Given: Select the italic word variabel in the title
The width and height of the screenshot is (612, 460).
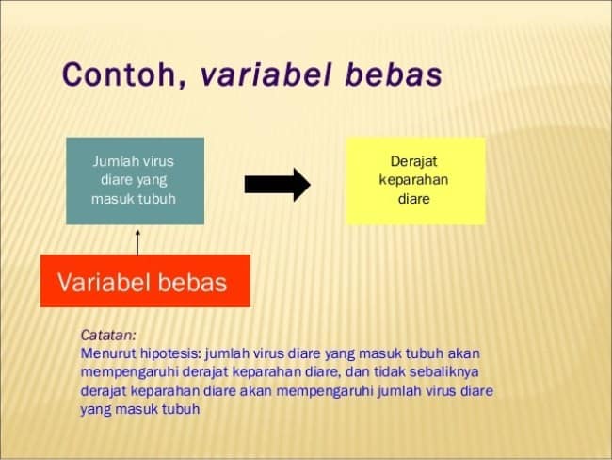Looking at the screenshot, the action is tap(266, 74).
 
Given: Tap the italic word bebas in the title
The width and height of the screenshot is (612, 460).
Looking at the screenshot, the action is tap(394, 74).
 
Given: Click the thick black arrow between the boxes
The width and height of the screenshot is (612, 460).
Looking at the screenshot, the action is tap(278, 185).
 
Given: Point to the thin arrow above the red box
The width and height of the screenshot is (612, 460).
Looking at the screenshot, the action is tap(137, 242).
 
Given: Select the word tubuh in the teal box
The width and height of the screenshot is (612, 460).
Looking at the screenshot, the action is tap(157, 199).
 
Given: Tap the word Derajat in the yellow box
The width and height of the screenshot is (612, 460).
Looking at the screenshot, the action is tap(413, 162).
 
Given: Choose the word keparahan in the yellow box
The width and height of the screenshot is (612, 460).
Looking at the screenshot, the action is tap(413, 181).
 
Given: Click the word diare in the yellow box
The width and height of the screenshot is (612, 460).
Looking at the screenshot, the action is tap(413, 199).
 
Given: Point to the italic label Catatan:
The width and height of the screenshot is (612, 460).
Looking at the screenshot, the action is tap(108, 335).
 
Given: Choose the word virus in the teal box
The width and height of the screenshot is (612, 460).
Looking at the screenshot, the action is tap(157, 161).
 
